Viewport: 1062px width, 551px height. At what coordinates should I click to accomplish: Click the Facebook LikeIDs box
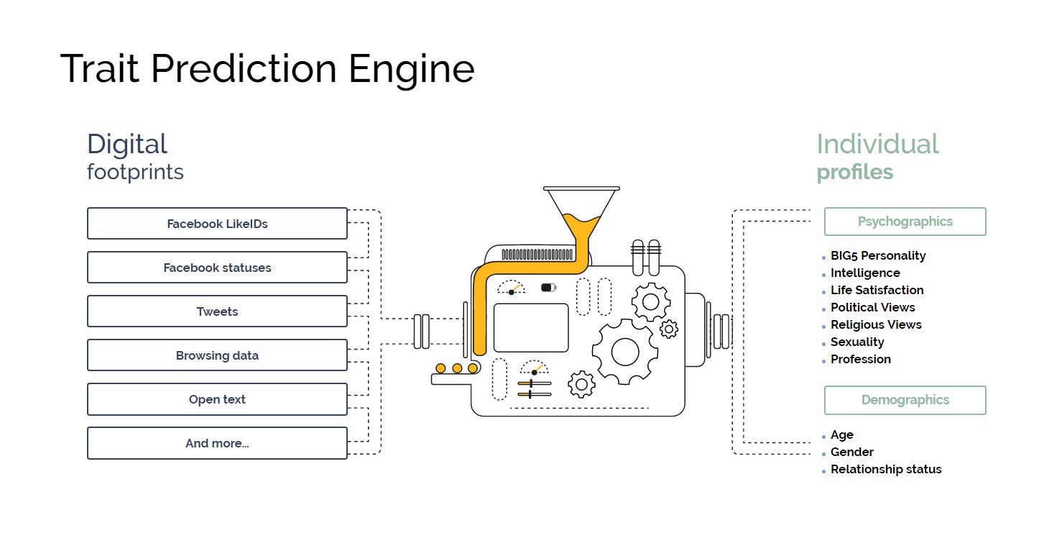pyautogui.click(x=217, y=224)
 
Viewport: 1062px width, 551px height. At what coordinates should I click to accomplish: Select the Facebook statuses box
pyautogui.click(x=217, y=268)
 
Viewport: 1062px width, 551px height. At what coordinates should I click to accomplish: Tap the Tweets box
pyautogui.click(x=217, y=311)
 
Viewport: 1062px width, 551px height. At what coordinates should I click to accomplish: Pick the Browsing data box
pyautogui.click(x=217, y=355)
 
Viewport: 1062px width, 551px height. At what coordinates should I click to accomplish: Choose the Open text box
pyautogui.click(x=217, y=399)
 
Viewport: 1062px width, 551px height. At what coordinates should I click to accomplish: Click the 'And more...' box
pyautogui.click(x=217, y=443)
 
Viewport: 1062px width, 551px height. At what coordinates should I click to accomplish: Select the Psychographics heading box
pyautogui.click(x=905, y=222)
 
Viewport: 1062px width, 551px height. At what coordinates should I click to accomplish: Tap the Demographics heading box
pyautogui.click(x=905, y=400)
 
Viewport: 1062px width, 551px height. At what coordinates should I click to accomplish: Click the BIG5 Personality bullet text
pyautogui.click(x=878, y=255)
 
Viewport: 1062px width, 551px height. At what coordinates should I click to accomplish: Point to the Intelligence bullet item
pyautogui.click(x=865, y=273)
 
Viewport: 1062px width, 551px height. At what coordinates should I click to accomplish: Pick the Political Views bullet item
pyautogui.click(x=872, y=307)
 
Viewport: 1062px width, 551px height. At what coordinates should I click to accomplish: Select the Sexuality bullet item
pyautogui.click(x=857, y=342)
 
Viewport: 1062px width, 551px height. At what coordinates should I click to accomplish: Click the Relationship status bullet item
pyautogui.click(x=886, y=469)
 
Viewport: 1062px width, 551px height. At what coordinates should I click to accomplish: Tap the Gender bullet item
pyautogui.click(x=852, y=452)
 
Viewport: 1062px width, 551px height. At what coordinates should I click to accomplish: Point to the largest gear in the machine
pyautogui.click(x=624, y=352)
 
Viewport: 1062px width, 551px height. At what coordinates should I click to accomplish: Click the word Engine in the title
pyautogui.click(x=411, y=70)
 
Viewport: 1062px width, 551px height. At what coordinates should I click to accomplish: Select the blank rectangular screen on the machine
pyautogui.click(x=531, y=328)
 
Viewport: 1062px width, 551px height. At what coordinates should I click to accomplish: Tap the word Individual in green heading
pyautogui.click(x=877, y=144)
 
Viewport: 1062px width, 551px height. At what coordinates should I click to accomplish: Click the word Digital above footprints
pyautogui.click(x=127, y=144)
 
